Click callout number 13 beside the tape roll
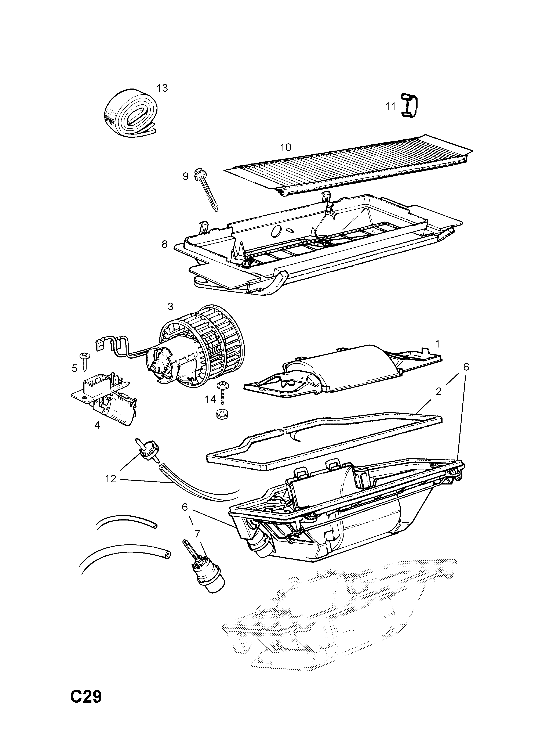tap(162, 88)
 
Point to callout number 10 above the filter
tap(286, 147)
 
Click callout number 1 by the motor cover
tap(437, 344)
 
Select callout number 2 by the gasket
tap(438, 392)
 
